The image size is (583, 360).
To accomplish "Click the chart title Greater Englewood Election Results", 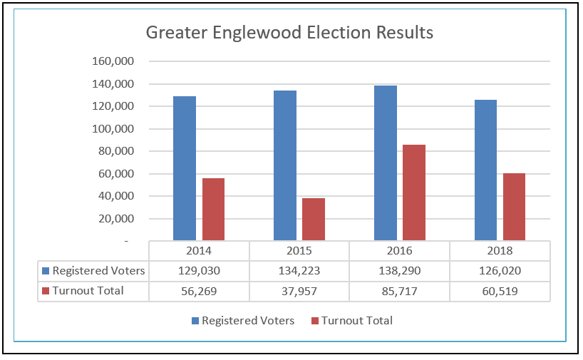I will pos(289,33).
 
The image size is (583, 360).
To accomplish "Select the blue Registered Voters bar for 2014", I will pos(185,168).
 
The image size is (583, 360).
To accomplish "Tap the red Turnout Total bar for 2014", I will pos(213,209).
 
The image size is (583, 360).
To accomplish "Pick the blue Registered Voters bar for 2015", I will pos(285,165).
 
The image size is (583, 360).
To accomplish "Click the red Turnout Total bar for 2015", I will pos(314,219).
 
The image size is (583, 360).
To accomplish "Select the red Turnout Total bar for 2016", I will pos(414,192).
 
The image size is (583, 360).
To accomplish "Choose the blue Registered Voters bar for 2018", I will pos(485,170).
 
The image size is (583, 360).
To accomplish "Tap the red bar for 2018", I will pos(514,207).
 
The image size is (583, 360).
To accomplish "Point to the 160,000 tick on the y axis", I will pos(114,61).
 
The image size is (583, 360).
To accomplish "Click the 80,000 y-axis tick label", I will pos(117,151).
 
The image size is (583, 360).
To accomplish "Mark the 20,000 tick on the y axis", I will pos(117,219).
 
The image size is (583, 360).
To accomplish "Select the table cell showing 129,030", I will pos(199,271).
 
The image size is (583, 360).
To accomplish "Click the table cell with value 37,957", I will pos(299,291).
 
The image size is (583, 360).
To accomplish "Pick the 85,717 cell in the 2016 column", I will pos(399,291).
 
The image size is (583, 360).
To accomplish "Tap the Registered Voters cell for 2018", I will pos(500,271).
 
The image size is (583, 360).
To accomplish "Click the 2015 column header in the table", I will pos(299,251).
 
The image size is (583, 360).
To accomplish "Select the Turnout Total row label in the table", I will pos(88,291).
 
